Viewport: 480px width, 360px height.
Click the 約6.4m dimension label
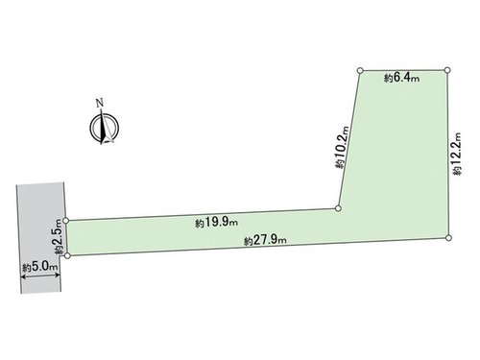coord(401,78)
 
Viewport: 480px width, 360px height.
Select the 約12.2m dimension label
coord(457,154)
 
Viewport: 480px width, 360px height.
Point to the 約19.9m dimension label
coord(216,223)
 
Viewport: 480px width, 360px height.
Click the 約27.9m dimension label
coord(265,240)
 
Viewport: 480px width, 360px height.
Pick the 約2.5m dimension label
coord(59,236)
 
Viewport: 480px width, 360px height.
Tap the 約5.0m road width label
coord(40,267)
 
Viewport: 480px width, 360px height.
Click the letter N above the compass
coord(100,103)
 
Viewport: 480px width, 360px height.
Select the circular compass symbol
coord(105,128)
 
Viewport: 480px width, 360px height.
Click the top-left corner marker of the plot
coord(360,70)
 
